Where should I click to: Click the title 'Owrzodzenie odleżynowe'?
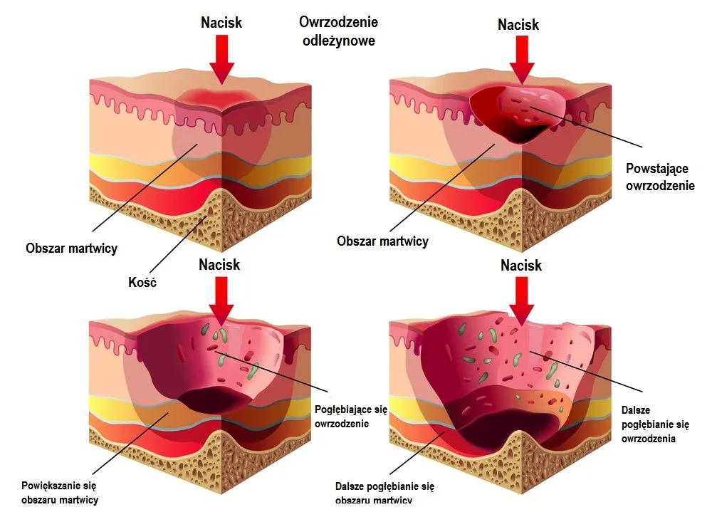pyautogui.click(x=339, y=31)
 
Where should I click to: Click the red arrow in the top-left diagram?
pyautogui.click(x=221, y=60)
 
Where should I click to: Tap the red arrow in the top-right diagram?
pyautogui.click(x=522, y=60)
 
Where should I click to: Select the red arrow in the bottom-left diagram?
pyautogui.click(x=221, y=301)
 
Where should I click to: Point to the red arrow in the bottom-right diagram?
pyautogui.click(x=522, y=301)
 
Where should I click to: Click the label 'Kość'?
pyautogui.click(x=142, y=282)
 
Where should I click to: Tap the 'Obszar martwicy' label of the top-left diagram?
pyautogui.click(x=71, y=248)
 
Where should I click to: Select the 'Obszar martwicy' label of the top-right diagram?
pyautogui.click(x=382, y=241)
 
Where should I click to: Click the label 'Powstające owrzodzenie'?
pyautogui.click(x=660, y=177)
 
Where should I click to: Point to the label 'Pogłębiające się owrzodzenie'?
pyautogui.click(x=350, y=417)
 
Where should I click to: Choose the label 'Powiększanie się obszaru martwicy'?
pyautogui.click(x=60, y=493)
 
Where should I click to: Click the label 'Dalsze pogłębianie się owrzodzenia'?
pyautogui.click(x=655, y=424)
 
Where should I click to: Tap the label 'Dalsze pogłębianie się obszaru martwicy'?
pyautogui.click(x=384, y=493)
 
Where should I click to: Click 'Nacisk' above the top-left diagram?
pyautogui.click(x=221, y=22)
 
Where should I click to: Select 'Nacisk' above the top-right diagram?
pyautogui.click(x=518, y=24)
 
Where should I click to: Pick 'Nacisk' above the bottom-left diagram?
pyautogui.click(x=219, y=264)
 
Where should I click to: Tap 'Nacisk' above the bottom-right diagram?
pyautogui.click(x=521, y=266)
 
